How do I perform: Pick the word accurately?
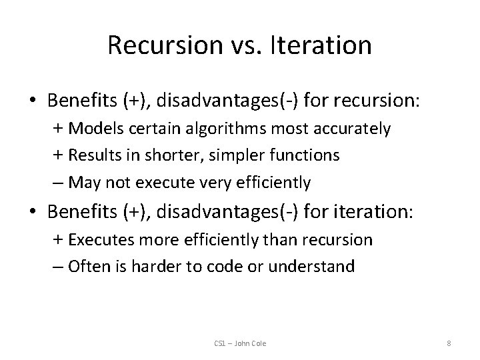pos(356,129)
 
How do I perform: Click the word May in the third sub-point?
pos(84,181)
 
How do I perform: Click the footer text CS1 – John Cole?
pos(239,343)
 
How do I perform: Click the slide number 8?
pos(449,343)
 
